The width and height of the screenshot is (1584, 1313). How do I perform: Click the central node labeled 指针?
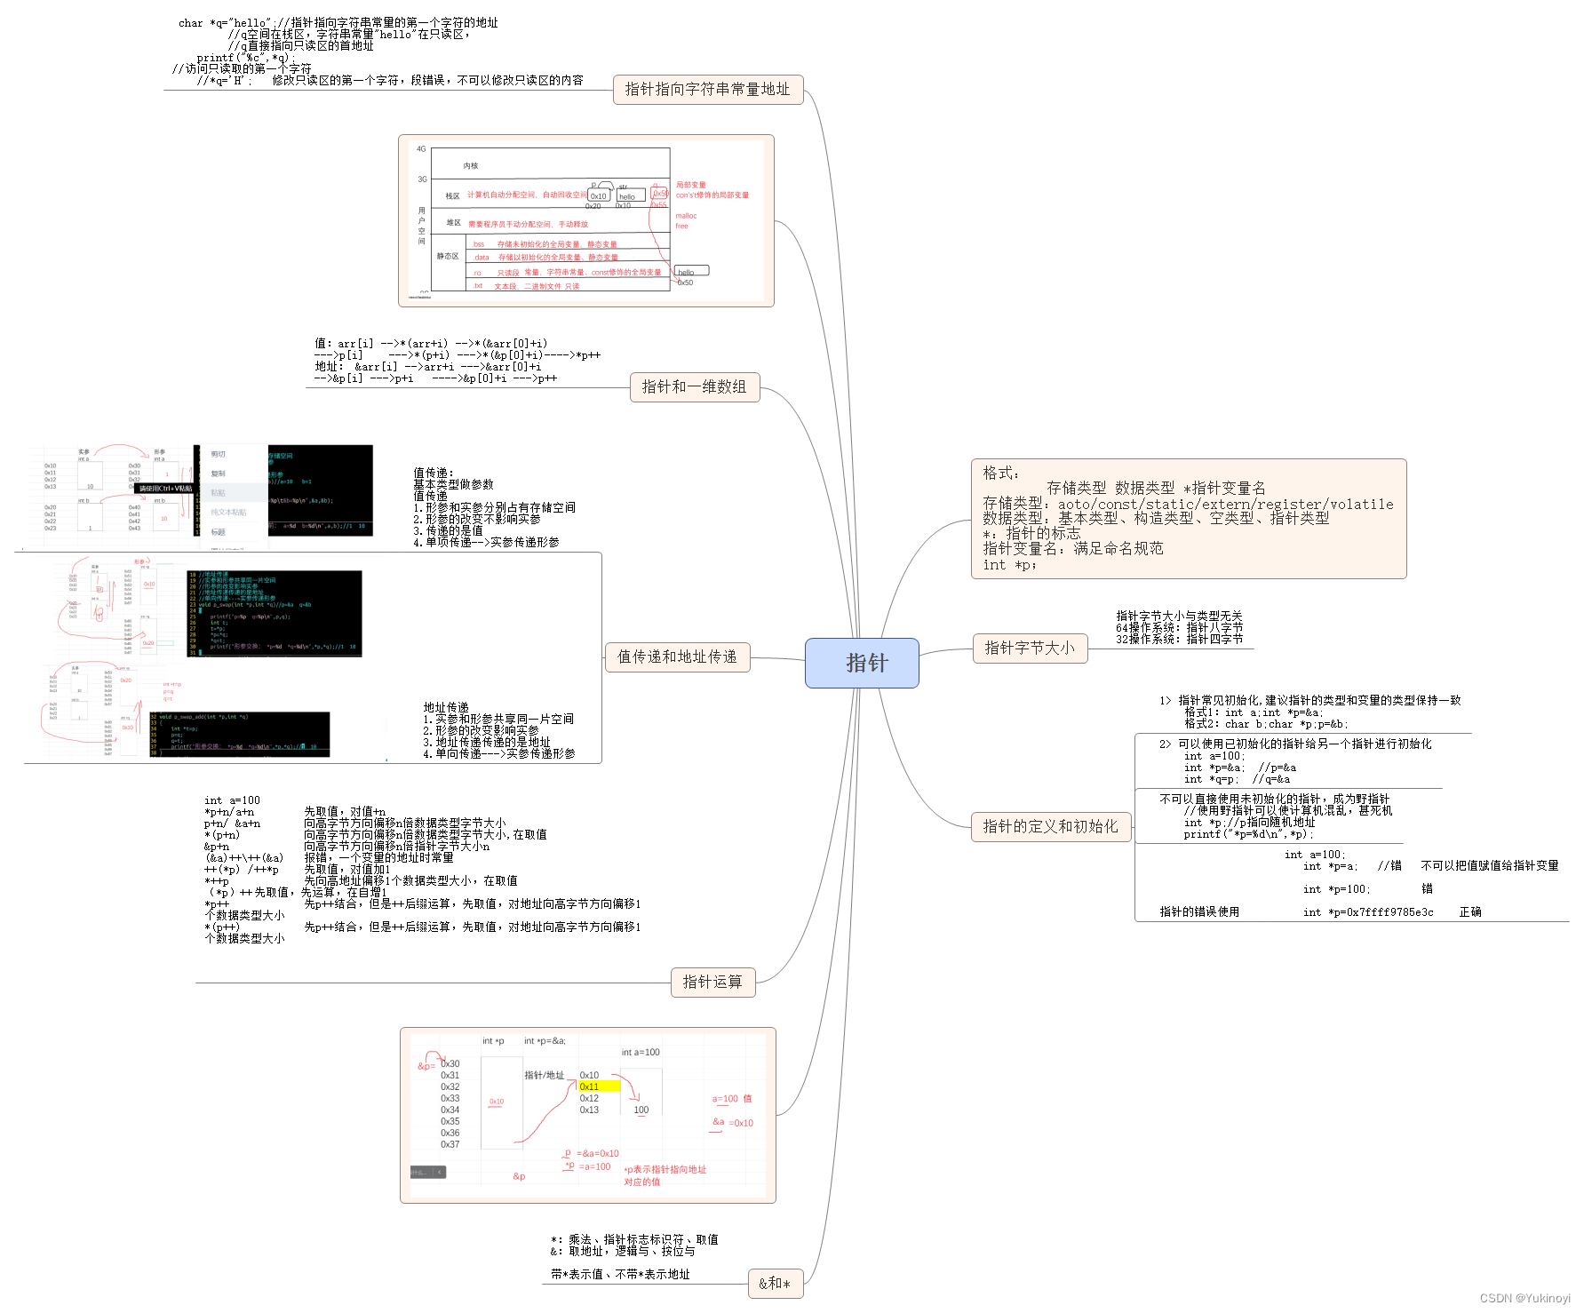coord(862,663)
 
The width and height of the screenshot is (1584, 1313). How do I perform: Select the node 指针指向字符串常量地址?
coord(708,90)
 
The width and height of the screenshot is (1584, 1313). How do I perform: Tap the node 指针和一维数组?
coord(695,387)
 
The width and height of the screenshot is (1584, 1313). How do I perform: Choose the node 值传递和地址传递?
coord(677,657)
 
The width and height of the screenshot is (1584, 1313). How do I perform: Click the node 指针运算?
coord(712,983)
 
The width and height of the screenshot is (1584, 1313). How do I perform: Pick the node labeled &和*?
coord(775,1284)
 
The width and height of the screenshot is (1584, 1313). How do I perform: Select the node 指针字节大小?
coord(1030,649)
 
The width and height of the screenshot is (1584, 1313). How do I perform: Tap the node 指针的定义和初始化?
coord(1050,827)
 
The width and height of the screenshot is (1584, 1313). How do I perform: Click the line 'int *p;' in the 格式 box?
coord(1009,565)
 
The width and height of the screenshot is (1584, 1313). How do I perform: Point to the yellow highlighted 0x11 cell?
coord(598,1086)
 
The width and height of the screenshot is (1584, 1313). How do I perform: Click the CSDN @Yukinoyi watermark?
coord(1524,1298)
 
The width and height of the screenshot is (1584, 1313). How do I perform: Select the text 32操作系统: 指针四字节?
coord(1179,639)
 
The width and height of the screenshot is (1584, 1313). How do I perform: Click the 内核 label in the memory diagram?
coord(471,166)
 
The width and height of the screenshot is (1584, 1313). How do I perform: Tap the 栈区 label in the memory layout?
coord(453,196)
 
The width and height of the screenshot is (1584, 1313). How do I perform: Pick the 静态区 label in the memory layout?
coord(448,257)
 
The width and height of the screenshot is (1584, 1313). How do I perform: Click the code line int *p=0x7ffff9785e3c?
coord(1368,912)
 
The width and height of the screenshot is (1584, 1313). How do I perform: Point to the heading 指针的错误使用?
coord(1199,912)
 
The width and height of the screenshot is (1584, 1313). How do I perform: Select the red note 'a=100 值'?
coord(732,1099)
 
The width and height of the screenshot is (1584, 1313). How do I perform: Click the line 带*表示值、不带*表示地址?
coord(620,1275)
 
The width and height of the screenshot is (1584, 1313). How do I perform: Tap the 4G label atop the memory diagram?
coord(421,149)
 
